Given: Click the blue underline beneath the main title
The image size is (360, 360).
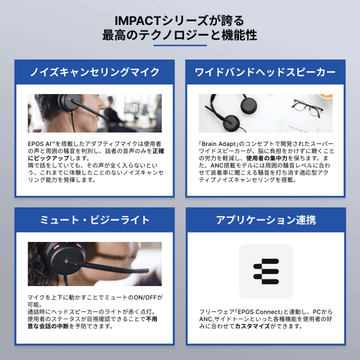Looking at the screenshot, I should tap(179, 46).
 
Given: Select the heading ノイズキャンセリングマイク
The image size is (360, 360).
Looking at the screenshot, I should tap(94, 72).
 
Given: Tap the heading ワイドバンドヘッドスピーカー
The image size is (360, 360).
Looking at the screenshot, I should tap(265, 72).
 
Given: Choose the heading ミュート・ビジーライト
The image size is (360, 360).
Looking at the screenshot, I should tap(94, 220).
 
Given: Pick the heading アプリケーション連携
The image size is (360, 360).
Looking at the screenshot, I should tap(265, 220).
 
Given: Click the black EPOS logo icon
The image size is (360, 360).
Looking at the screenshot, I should tap(265, 271).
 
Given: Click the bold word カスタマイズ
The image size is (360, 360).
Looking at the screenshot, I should tap(252, 326).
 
